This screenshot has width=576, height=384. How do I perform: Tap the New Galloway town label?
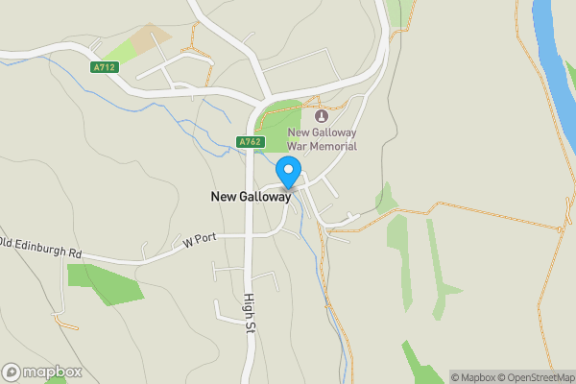[250, 197]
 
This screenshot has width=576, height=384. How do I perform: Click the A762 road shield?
[250, 142]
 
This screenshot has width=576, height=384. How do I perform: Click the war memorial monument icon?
[321, 116]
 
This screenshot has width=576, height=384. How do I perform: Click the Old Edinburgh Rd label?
[41, 252]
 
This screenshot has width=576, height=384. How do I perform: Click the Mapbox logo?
[41, 372]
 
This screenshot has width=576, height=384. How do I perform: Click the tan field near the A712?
[149, 38]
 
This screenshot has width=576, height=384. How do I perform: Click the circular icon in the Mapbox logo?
[12, 372]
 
